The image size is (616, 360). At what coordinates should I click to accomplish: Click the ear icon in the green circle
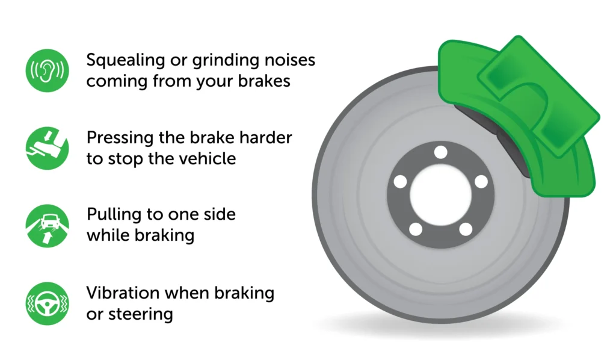point(47,71)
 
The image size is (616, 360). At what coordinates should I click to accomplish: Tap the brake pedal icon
point(47,148)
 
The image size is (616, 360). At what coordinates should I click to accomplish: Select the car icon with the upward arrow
point(47,226)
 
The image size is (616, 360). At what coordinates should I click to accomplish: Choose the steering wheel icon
point(47,303)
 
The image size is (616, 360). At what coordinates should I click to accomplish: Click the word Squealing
point(126,61)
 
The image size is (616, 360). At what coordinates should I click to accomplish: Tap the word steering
point(141,315)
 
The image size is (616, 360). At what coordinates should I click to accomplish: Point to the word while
point(108,235)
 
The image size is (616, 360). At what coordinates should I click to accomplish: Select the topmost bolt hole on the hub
point(441,152)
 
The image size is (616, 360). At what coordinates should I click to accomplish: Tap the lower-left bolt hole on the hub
point(416,229)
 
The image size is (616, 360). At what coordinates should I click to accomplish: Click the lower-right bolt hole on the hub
point(466,229)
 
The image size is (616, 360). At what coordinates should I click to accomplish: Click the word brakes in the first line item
point(264,81)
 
